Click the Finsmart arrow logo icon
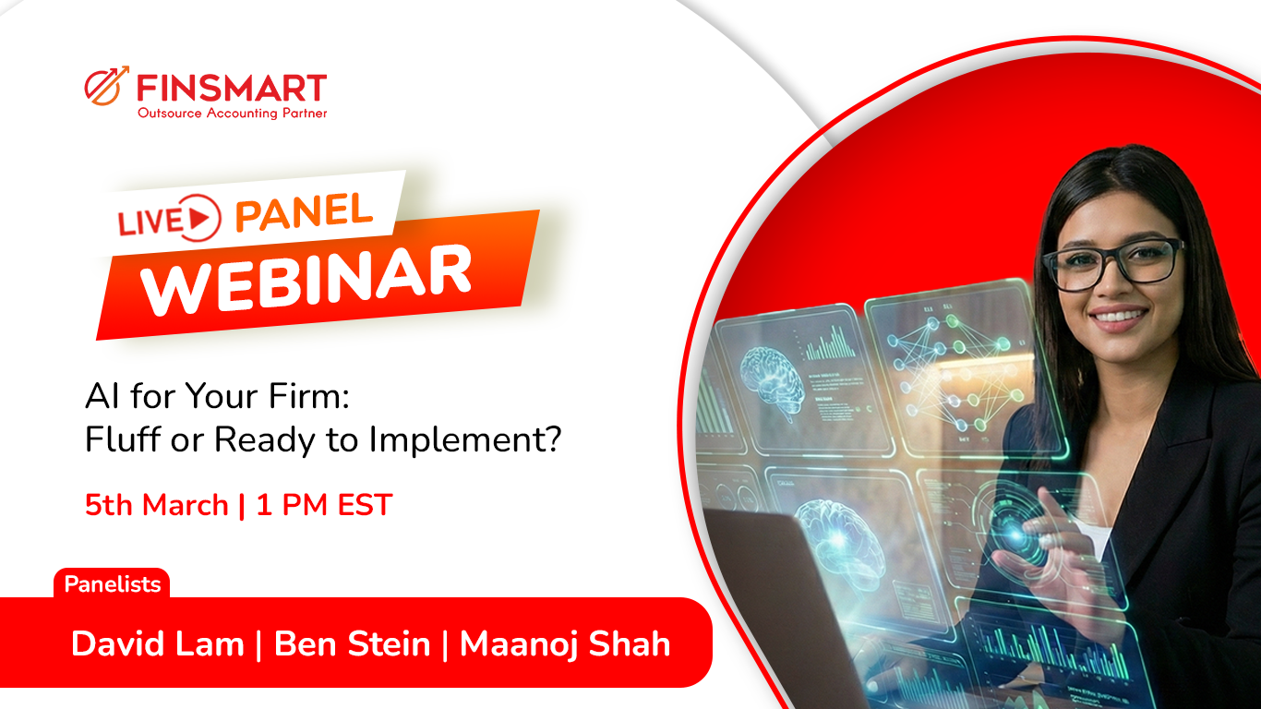click(106, 87)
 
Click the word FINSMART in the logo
click(232, 88)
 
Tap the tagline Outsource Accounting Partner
click(232, 114)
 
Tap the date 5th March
click(156, 505)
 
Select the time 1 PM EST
click(324, 505)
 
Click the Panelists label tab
click(112, 584)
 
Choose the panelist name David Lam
click(157, 643)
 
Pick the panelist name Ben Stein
click(353, 643)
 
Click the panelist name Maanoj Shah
click(565, 643)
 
